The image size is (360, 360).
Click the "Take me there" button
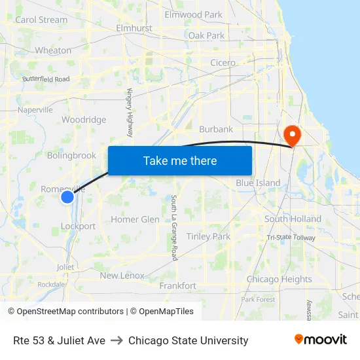tap(180, 160)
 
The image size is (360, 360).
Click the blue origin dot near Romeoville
tap(67, 196)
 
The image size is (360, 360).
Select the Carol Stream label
tap(41, 20)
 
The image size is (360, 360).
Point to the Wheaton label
tap(53, 50)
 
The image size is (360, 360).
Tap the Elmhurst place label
tap(134, 29)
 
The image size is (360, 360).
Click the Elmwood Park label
tap(193, 14)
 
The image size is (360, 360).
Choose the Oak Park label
tap(206, 35)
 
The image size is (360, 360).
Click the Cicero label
tap(223, 63)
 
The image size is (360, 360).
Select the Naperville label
tap(35, 110)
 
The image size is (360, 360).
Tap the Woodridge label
tap(84, 120)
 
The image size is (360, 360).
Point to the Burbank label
tap(216, 129)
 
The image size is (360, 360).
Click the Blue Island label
tap(258, 183)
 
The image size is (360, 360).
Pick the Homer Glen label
tap(135, 219)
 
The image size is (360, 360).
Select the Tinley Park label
tap(208, 236)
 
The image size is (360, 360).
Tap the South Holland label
tap(293, 219)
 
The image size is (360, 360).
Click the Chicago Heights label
tap(279, 279)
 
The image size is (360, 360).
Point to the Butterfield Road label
tap(46, 79)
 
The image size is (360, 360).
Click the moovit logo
tap(320, 340)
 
